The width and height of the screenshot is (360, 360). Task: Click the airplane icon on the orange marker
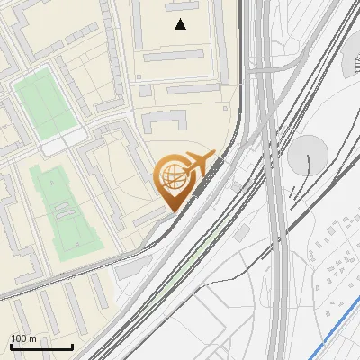click(x=200, y=165)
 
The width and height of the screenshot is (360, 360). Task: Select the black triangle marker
click(x=181, y=24)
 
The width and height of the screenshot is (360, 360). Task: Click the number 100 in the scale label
click(x=20, y=338)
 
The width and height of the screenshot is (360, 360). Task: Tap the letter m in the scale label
click(x=32, y=338)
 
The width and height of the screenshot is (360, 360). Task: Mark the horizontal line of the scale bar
click(x=41, y=346)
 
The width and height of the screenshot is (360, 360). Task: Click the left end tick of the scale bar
click(x=11, y=345)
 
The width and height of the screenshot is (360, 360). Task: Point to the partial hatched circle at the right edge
click(x=352, y=68)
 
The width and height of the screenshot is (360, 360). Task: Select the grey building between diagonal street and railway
click(x=133, y=266)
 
